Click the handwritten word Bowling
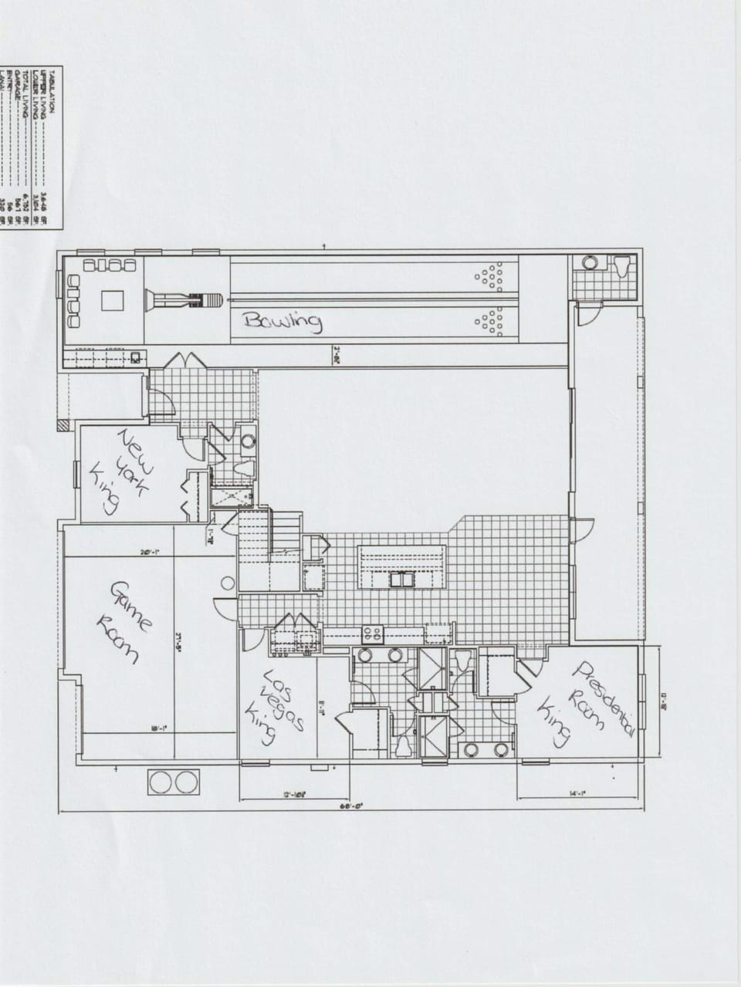(x=283, y=321)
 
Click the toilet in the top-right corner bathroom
(x=623, y=266)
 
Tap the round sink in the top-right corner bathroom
(x=591, y=262)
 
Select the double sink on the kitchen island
(x=401, y=579)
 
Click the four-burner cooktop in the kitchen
(x=373, y=634)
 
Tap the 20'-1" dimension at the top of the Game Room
(x=150, y=552)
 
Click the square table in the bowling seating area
(x=113, y=299)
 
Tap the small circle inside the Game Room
(x=227, y=584)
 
